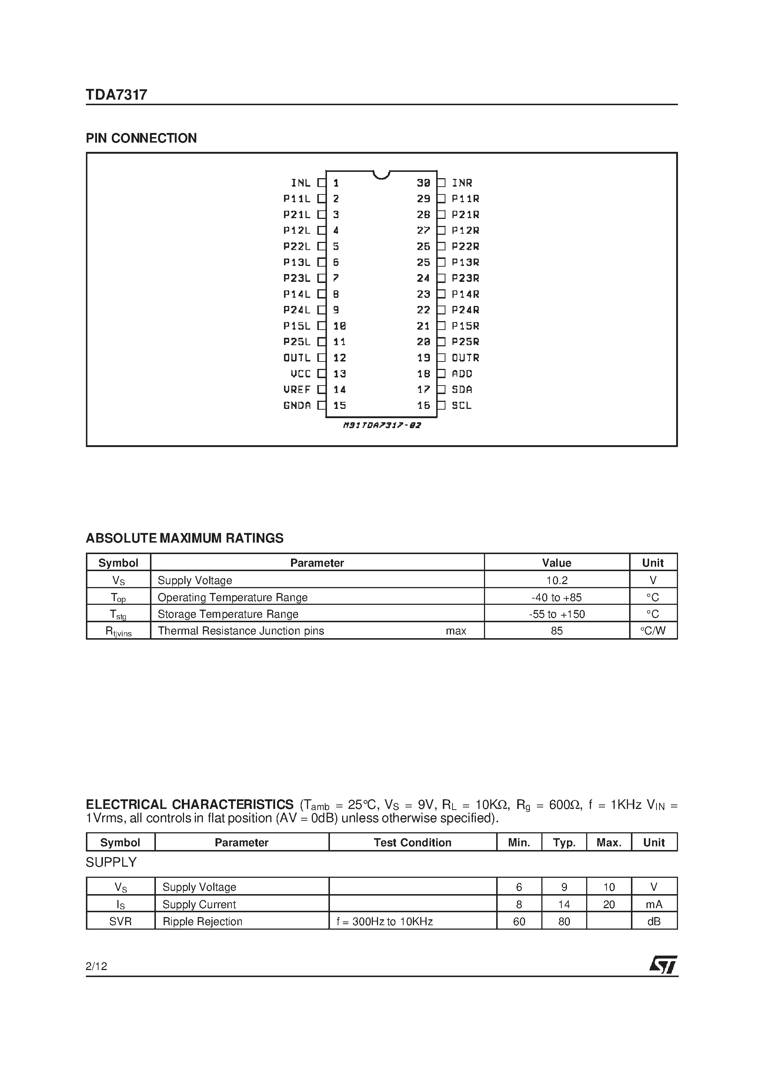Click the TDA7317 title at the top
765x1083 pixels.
tap(117, 95)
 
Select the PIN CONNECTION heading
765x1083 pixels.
tap(141, 138)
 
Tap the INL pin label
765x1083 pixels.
tap(300, 183)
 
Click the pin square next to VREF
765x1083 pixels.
tap(322, 390)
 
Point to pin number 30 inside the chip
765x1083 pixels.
tap(424, 183)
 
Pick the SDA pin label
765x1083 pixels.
tap(462, 390)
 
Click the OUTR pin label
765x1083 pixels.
tap(465, 357)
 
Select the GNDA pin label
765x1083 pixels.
tap(297, 405)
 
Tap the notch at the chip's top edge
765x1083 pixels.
tap(381, 175)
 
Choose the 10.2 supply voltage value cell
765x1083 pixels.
tap(557, 580)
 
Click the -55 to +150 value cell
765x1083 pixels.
tap(557, 614)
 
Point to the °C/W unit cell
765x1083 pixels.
tap(653, 631)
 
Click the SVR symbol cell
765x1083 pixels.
tap(120, 921)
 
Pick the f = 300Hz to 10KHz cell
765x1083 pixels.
tap(384, 921)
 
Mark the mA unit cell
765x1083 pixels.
tap(654, 904)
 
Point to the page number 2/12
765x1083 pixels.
tap(96, 966)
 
